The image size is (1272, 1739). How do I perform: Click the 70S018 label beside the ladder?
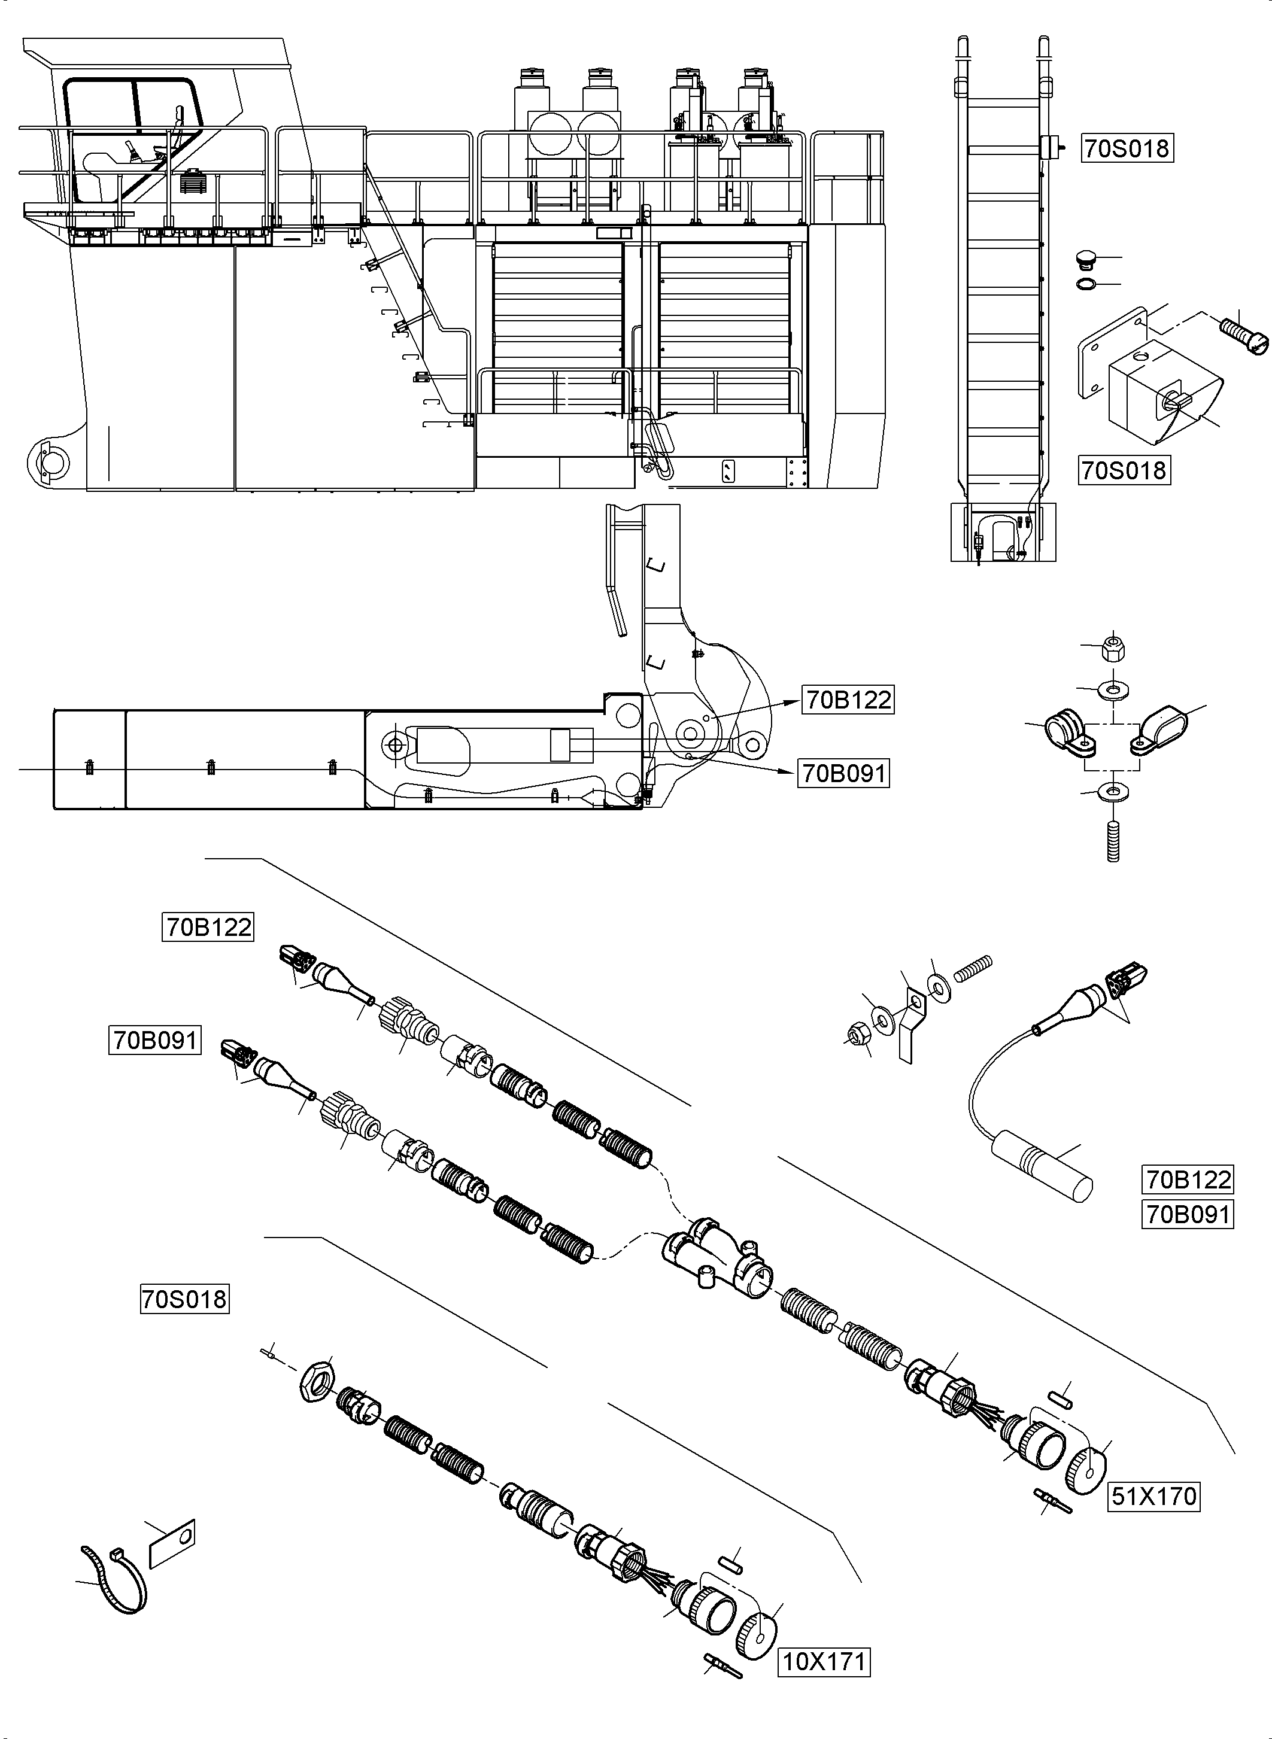(1127, 148)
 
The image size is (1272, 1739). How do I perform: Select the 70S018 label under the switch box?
(1124, 470)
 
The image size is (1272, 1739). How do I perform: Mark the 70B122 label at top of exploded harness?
(209, 927)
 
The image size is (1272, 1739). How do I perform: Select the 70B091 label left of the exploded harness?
(156, 1040)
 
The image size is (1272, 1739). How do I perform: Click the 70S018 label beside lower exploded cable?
(185, 1299)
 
